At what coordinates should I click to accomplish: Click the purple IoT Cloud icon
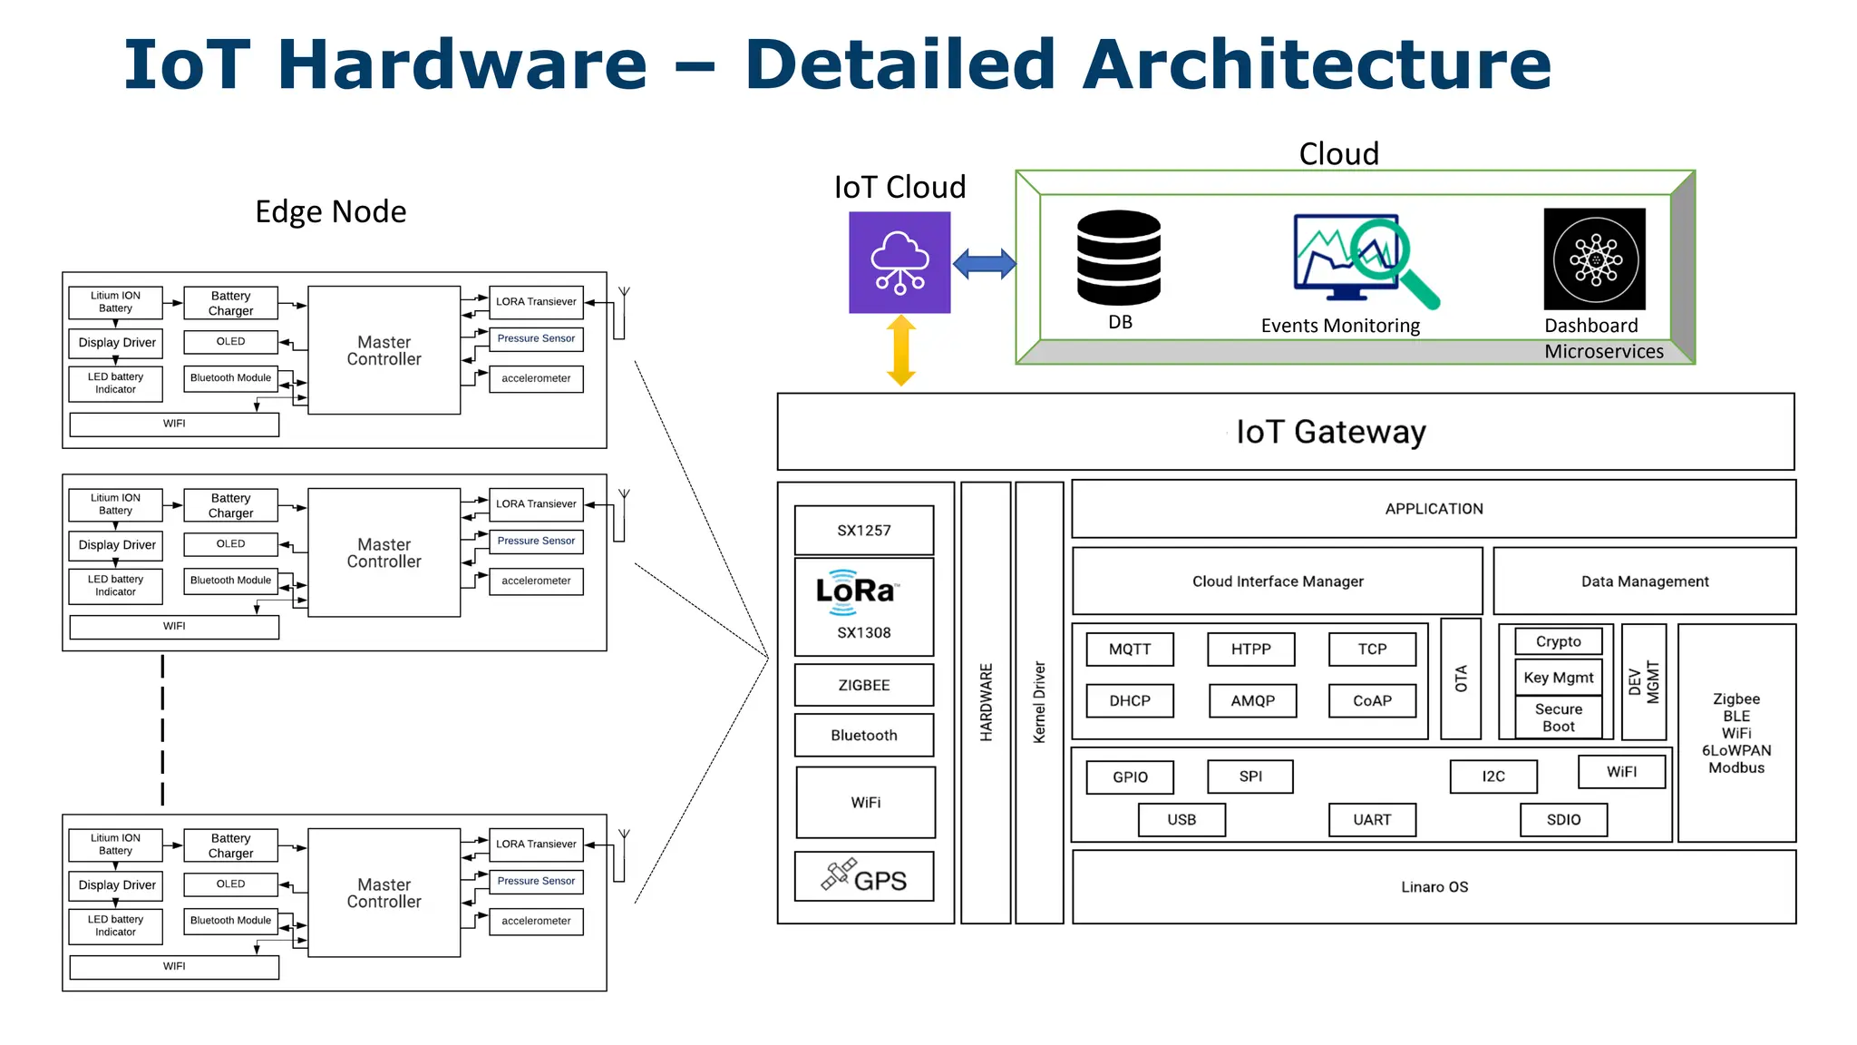coord(899,262)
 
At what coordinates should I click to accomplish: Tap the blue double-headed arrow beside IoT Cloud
coord(984,264)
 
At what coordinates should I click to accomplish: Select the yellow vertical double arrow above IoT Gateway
coord(900,350)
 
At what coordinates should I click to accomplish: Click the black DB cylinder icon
coord(1118,259)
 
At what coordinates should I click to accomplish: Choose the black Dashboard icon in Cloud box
coord(1594,259)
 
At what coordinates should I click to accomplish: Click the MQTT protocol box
coord(1129,649)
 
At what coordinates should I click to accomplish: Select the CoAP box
coord(1371,701)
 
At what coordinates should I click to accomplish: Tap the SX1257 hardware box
coord(863,531)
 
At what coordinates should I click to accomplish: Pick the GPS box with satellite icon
coord(863,877)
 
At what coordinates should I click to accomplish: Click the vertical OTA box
coord(1460,679)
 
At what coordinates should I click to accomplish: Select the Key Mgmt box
coord(1558,678)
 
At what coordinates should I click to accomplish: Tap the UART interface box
coord(1371,820)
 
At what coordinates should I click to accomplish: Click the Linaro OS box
coord(1434,887)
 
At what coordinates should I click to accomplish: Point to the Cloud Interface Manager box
coord(1277,581)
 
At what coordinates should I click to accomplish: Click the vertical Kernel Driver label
coord(1039,702)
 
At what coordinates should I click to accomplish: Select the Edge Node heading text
coord(330,211)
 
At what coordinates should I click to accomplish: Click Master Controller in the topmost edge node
coord(384,351)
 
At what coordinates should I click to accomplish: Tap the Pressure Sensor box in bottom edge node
coord(536,881)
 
